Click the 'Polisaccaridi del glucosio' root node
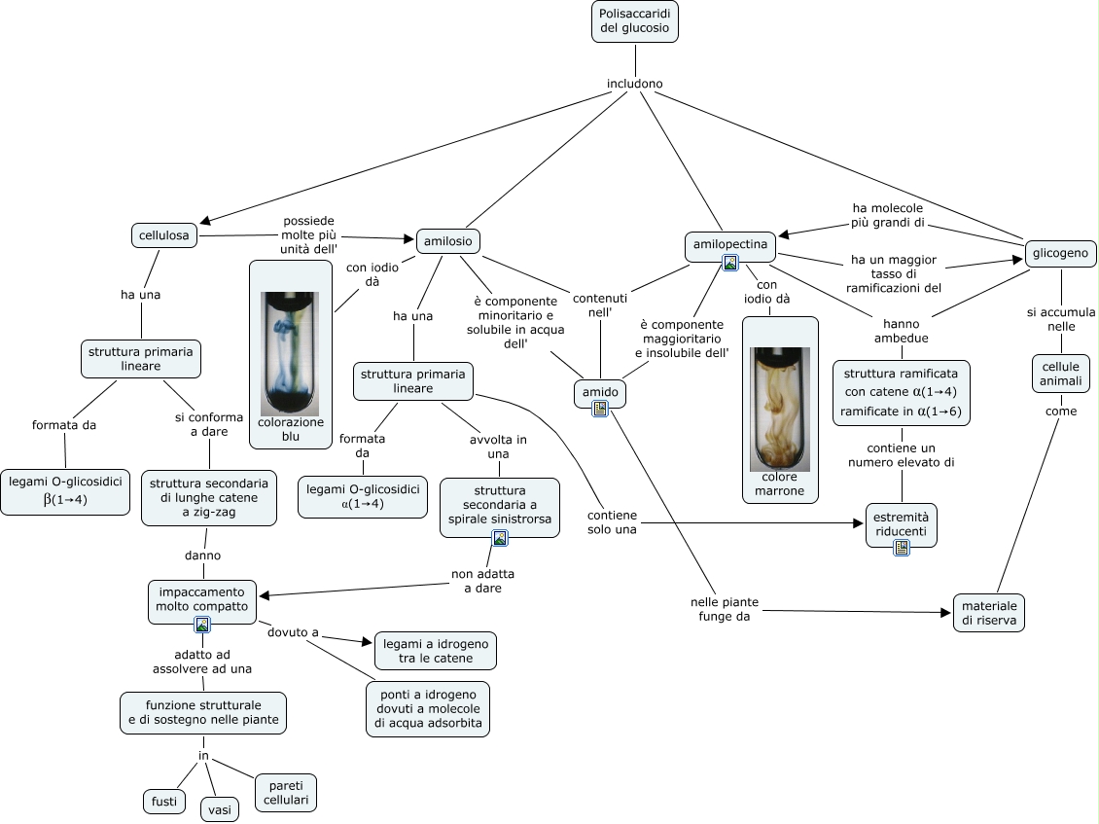click(x=634, y=21)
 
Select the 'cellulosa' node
click(x=164, y=235)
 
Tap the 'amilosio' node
click(x=448, y=240)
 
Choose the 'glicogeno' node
click(x=1061, y=254)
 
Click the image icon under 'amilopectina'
click(x=730, y=263)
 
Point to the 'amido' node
click(x=600, y=392)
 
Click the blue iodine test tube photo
click(x=289, y=353)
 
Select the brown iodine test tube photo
click(x=780, y=409)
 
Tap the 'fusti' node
click(x=163, y=802)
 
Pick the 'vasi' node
click(x=221, y=808)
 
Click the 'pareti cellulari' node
click(x=286, y=792)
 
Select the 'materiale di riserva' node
click(x=987, y=611)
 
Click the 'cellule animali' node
click(x=1060, y=373)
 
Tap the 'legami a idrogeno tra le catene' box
click(x=435, y=651)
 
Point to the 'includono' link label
click(x=634, y=84)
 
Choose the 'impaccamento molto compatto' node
click(x=202, y=599)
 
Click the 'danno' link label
click(x=202, y=555)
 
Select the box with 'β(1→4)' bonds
click(x=65, y=491)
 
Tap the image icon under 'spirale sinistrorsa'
click(x=500, y=538)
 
